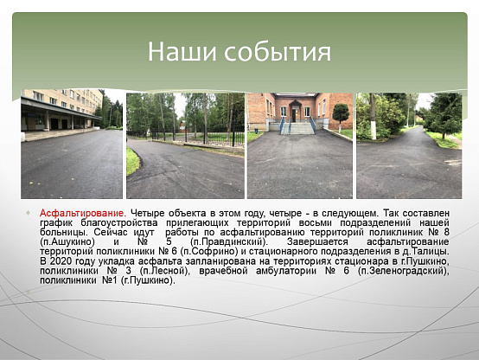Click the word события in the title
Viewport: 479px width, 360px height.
coord(278,51)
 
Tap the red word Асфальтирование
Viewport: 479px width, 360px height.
coord(82,213)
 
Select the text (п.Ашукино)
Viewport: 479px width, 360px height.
coord(67,241)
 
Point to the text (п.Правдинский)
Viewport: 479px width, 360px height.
coord(228,241)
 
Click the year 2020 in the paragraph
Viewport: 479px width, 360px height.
coord(61,261)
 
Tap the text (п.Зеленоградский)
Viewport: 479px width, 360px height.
coord(403,271)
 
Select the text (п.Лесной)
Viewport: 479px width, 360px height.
coord(163,271)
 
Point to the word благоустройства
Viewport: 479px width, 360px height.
coord(119,222)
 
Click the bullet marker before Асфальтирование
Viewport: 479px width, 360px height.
coord(29,213)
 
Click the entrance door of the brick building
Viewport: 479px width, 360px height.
coord(294,114)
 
